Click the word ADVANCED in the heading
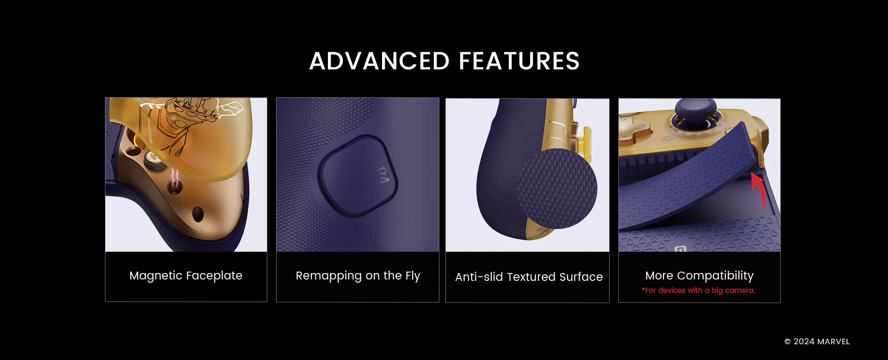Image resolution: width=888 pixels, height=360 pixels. tap(379, 61)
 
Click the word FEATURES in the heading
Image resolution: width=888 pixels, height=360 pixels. tap(519, 61)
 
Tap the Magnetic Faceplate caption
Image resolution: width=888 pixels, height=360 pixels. tap(186, 276)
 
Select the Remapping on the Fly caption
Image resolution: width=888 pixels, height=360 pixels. tap(358, 276)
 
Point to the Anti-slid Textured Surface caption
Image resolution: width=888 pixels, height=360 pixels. tap(529, 277)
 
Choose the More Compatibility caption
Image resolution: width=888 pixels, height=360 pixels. tap(699, 276)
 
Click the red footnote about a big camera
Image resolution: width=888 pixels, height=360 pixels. tap(698, 291)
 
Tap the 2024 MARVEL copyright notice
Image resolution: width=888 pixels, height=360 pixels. tap(817, 341)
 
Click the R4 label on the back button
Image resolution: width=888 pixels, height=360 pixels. tap(382, 175)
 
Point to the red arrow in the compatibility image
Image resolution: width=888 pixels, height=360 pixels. tap(760, 190)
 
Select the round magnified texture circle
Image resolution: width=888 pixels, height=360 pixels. tap(557, 188)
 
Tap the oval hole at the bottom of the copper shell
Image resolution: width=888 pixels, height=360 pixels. tap(198, 213)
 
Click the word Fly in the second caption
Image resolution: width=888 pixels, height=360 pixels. tap(413, 276)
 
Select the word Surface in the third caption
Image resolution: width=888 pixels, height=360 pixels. tap(581, 277)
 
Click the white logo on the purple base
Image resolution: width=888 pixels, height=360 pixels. tap(680, 249)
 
